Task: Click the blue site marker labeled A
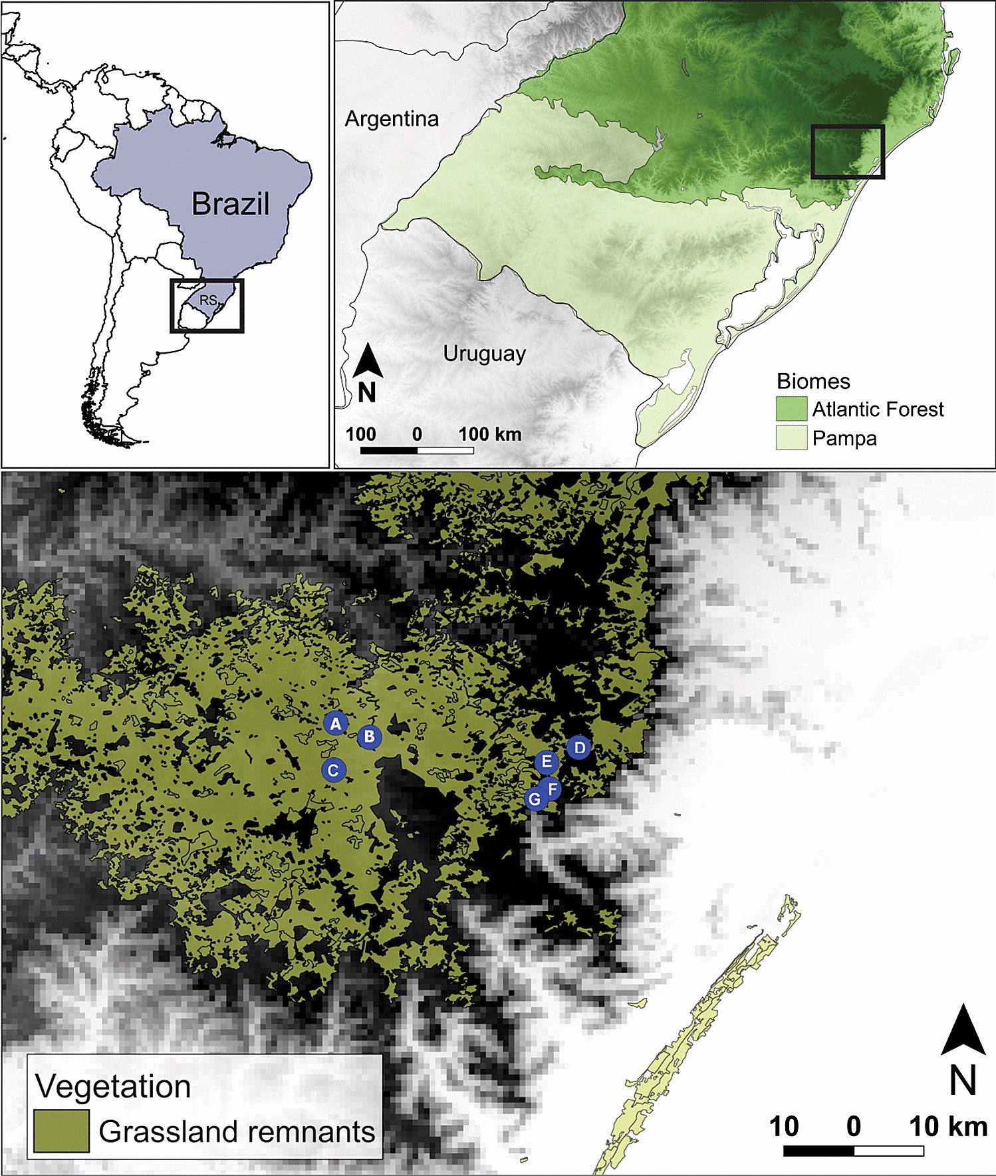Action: tap(336, 724)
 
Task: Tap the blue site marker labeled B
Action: tap(369, 737)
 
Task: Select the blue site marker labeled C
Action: tap(334, 770)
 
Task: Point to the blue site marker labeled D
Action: tap(579, 748)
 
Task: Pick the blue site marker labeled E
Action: tap(547, 762)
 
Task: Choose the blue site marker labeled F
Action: tap(552, 790)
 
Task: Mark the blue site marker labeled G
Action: tap(535, 800)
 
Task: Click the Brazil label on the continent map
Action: tap(230, 204)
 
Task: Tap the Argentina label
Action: tap(392, 119)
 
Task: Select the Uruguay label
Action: tap(484, 354)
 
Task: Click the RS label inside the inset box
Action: tap(208, 300)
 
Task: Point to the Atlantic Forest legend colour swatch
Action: tap(791, 409)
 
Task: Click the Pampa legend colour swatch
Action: tap(791, 438)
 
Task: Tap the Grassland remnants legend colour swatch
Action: tap(61, 1131)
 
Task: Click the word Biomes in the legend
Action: tap(813, 382)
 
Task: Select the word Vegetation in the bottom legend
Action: tap(113, 1086)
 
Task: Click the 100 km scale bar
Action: tap(417, 451)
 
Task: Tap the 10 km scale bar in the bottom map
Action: tap(853, 1151)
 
